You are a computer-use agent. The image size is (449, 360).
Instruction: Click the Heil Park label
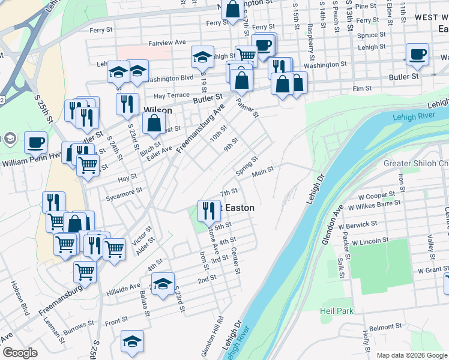click(337, 311)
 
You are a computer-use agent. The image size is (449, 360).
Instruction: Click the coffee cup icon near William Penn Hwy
click(36, 143)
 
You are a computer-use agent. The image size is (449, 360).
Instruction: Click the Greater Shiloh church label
click(416, 163)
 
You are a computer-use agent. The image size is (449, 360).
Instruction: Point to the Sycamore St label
click(122, 190)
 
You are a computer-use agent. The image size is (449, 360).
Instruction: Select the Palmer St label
click(248, 107)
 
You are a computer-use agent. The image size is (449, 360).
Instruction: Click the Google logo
click(20, 353)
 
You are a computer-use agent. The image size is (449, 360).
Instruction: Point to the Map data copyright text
click(412, 355)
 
